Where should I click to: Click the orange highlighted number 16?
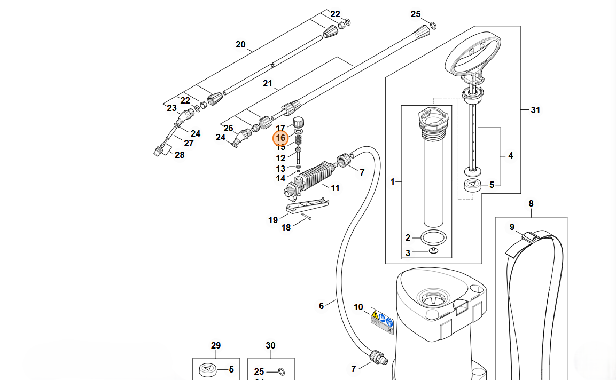click(280, 138)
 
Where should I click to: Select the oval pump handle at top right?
click(473, 54)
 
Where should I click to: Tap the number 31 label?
click(535, 110)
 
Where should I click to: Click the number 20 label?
click(240, 45)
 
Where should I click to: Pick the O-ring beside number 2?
click(433, 237)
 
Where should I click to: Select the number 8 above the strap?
click(531, 203)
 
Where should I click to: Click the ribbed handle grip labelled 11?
click(318, 176)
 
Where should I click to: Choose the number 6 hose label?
click(322, 306)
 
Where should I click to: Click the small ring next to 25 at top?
click(433, 25)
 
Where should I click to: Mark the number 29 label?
click(216, 346)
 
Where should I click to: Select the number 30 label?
click(271, 346)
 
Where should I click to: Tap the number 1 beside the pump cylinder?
click(393, 182)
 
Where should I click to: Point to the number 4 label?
click(511, 156)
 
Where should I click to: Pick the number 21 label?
click(268, 83)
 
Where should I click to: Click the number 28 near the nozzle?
click(180, 155)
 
